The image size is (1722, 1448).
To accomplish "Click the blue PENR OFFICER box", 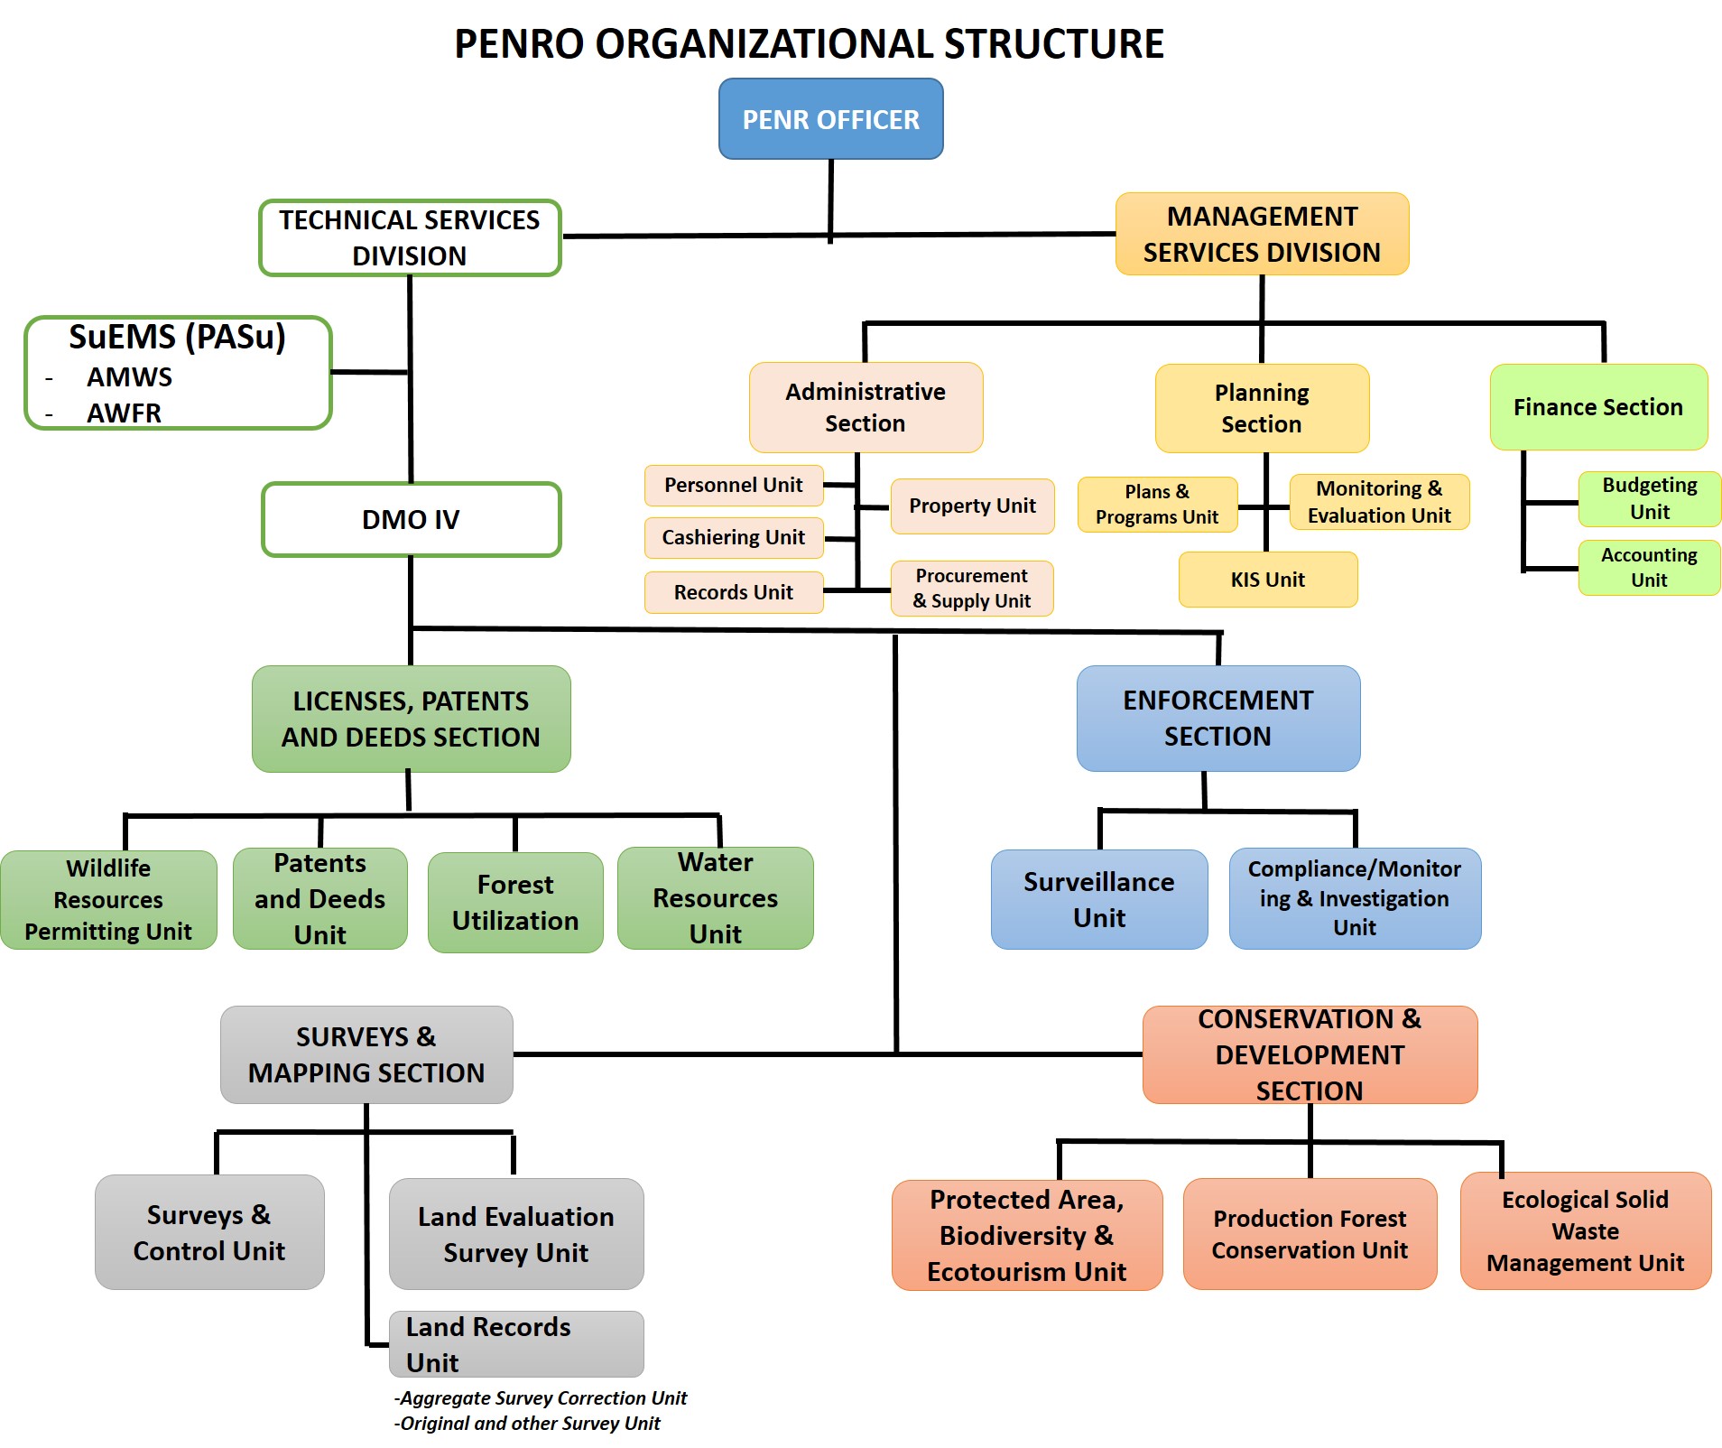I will pyautogui.click(x=830, y=119).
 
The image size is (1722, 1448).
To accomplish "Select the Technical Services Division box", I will pyautogui.click(x=410, y=237).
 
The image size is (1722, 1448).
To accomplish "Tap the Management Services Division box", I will pyautogui.click(x=1262, y=234).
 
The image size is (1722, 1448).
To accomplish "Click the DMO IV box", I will pyautogui.click(x=411, y=519).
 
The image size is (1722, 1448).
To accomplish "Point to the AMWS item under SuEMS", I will pyautogui.click(x=129, y=376).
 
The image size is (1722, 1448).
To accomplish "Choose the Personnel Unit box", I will pyautogui.click(x=733, y=485).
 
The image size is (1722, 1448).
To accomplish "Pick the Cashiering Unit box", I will pyautogui.click(x=733, y=537).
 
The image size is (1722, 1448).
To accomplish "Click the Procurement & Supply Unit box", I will pyautogui.click(x=971, y=588).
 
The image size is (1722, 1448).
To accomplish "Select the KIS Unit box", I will pyautogui.click(x=1267, y=580).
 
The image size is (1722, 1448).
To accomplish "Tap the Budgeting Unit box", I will pyautogui.click(x=1649, y=498).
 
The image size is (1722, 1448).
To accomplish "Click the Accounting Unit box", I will pyautogui.click(x=1649, y=567).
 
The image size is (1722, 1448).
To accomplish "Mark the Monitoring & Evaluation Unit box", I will pyautogui.click(x=1379, y=502).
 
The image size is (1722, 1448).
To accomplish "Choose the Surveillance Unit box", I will pyautogui.click(x=1098, y=899).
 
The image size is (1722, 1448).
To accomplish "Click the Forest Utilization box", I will pyautogui.click(x=515, y=902).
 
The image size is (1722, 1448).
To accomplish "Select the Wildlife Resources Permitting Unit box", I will pyautogui.click(x=108, y=899).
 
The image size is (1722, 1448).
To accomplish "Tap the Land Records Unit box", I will pyautogui.click(x=515, y=1343).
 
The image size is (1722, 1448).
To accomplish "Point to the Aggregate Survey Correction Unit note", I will pyautogui.click(x=542, y=1397).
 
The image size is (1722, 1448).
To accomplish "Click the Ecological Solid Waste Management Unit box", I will pyautogui.click(x=1585, y=1230).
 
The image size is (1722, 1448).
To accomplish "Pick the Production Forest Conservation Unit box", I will pyautogui.click(x=1309, y=1234).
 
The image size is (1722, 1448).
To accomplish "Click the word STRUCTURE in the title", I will pyautogui.click(x=1053, y=43).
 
